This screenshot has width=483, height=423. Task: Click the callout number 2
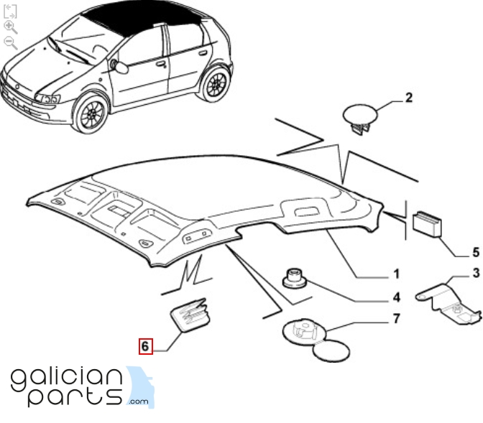pos(408,98)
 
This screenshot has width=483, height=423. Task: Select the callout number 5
pos(476,253)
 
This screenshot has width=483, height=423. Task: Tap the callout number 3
pos(477,273)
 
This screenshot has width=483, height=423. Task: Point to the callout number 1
pos(397,274)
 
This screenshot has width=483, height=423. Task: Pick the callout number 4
pos(397,297)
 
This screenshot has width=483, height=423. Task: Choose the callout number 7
pos(397,319)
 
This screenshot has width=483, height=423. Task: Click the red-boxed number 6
pos(145,346)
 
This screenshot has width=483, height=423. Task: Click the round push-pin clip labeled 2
pos(360,118)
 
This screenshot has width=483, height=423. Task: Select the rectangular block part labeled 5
pos(427,224)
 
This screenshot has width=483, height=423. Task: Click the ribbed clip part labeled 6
pos(190,315)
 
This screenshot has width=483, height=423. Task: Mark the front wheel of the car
pos(91,113)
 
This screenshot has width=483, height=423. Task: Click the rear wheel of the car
pos(214,83)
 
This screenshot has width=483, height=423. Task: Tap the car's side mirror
pos(119,67)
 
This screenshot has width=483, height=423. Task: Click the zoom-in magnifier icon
pos(10,27)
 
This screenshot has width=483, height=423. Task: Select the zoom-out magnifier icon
pos(11,43)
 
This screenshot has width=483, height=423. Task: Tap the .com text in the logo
pos(138,401)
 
